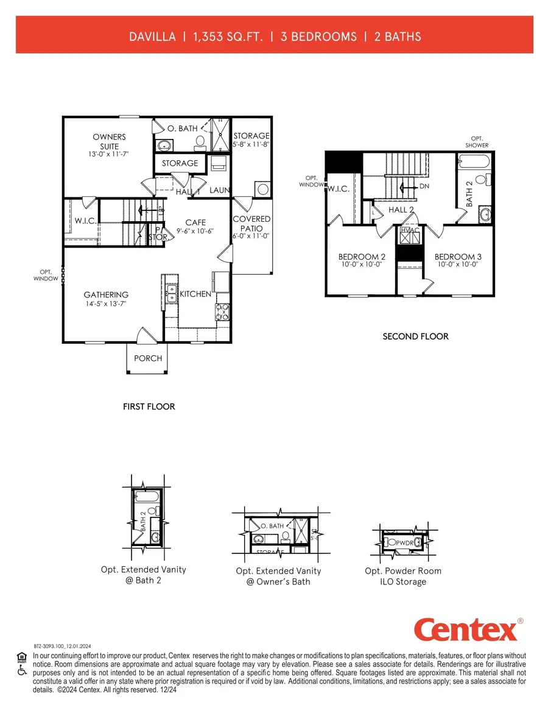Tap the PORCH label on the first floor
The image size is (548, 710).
pyautogui.click(x=148, y=358)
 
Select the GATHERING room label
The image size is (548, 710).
pyautogui.click(x=106, y=295)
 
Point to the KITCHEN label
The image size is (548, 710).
pyautogui.click(x=195, y=294)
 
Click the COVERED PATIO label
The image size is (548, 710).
pyautogui.click(x=251, y=223)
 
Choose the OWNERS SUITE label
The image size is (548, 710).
pyautogui.click(x=109, y=141)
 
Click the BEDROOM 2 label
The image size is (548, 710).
pyautogui.click(x=362, y=257)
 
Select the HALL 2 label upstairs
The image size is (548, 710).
pyautogui.click(x=401, y=210)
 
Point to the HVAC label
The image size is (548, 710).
pyautogui.click(x=408, y=230)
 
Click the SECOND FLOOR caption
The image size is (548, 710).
pyautogui.click(x=415, y=336)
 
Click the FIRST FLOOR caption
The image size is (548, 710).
pyautogui.click(x=149, y=406)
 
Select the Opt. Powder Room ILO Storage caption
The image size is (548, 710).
pyautogui.click(x=403, y=577)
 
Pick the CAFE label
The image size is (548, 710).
pyautogui.click(x=195, y=222)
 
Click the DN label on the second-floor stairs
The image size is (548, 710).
pyautogui.click(x=424, y=185)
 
